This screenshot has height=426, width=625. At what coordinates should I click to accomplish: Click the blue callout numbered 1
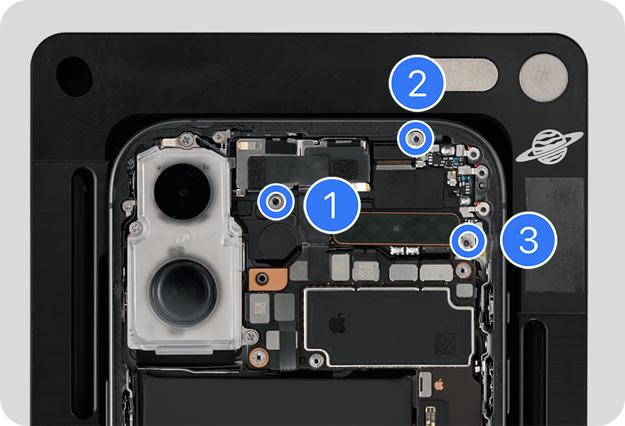tap(332, 205)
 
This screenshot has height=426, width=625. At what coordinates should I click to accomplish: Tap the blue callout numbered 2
tap(417, 83)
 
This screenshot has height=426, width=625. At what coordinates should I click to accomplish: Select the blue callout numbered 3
tap(528, 240)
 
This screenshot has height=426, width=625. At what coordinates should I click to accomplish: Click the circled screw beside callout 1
tap(276, 202)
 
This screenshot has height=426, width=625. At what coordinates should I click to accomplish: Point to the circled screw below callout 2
tap(415, 138)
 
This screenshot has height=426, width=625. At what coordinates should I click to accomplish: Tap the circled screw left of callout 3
tap(467, 241)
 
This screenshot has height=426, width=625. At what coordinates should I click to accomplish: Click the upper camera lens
tap(183, 192)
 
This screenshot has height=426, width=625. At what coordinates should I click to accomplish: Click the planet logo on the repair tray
tap(549, 147)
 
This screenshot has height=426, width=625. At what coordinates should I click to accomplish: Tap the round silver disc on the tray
tap(543, 77)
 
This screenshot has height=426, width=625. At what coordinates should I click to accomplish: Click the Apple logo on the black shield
tap(337, 323)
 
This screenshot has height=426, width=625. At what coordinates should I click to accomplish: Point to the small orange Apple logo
tap(439, 385)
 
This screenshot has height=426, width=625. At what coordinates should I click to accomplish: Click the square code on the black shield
tap(445, 344)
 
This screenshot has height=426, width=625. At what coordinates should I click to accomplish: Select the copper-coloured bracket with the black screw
tap(268, 278)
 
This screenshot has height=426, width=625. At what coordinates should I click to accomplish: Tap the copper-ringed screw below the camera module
tap(259, 357)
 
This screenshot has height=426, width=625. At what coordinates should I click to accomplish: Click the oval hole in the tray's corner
tap(74, 77)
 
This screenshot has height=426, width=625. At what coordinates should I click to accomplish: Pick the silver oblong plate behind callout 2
tap(467, 75)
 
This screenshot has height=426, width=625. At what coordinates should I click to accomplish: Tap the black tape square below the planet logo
tap(555, 236)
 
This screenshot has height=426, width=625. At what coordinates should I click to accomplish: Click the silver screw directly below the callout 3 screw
tap(463, 271)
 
